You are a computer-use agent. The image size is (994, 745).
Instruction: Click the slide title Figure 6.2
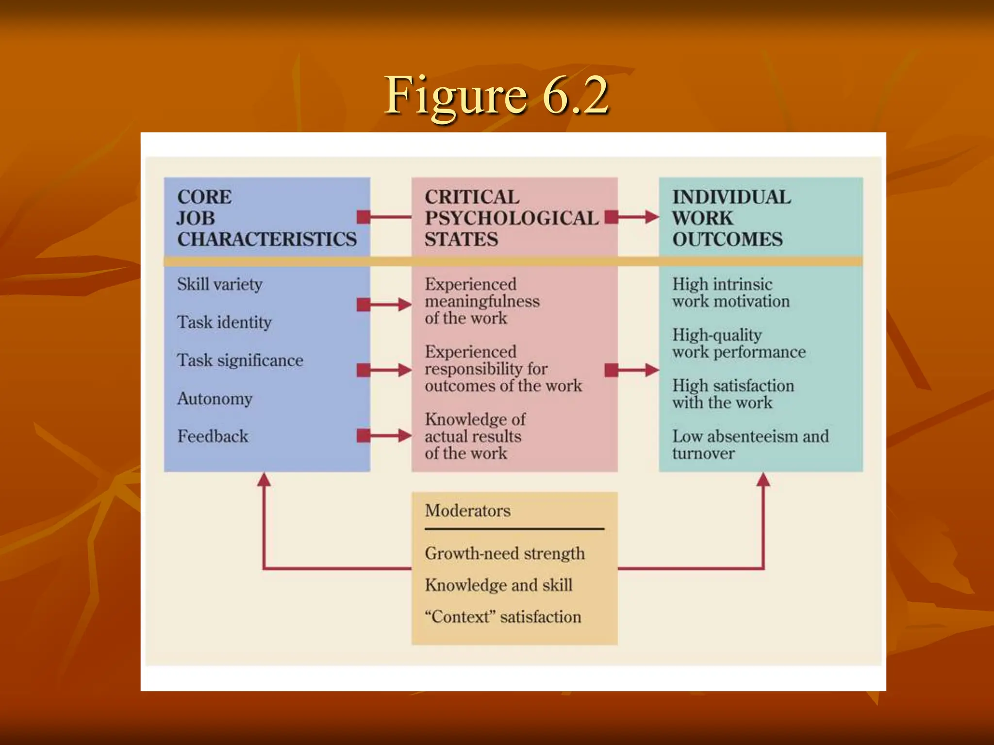pyautogui.click(x=496, y=96)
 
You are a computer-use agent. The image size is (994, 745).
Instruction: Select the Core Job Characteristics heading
pyautogui.click(x=266, y=218)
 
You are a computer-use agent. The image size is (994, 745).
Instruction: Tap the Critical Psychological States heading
pyautogui.click(x=511, y=218)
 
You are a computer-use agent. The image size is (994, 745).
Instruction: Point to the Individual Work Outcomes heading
pyautogui.click(x=731, y=218)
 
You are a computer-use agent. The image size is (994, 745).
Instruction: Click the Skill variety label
pyautogui.click(x=219, y=284)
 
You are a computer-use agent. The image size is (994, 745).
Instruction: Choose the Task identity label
pyautogui.click(x=224, y=323)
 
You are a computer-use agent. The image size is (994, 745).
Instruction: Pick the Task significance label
pyautogui.click(x=240, y=360)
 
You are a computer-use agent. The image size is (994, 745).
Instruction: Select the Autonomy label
pyautogui.click(x=215, y=399)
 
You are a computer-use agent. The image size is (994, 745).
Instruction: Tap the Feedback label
pyautogui.click(x=213, y=437)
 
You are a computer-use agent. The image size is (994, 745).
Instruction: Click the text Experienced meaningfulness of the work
pyautogui.click(x=481, y=301)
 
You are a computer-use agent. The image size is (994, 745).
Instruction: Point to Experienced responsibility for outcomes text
pyautogui.click(x=503, y=369)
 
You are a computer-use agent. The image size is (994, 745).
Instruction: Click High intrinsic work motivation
pyautogui.click(x=730, y=292)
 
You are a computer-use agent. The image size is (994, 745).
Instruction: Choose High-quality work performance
pyautogui.click(x=738, y=343)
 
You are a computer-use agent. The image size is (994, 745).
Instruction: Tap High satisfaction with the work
pyautogui.click(x=733, y=394)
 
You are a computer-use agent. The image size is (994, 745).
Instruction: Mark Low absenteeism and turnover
pyautogui.click(x=750, y=444)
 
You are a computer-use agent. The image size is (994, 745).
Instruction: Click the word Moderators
pyautogui.click(x=467, y=511)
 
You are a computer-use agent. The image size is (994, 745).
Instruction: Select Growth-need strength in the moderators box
pyautogui.click(x=505, y=553)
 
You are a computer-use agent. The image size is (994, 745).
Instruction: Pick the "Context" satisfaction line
pyautogui.click(x=503, y=617)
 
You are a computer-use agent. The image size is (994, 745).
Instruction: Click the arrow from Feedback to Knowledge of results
pyautogui.click(x=384, y=436)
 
